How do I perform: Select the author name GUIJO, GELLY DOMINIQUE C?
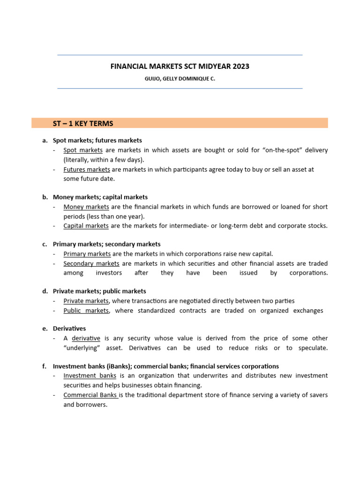click(180, 79)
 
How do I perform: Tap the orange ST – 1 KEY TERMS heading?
click(83, 123)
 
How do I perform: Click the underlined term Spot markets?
click(83, 150)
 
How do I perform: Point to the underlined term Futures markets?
click(87, 169)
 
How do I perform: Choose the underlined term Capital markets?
click(86, 225)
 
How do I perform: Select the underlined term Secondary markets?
click(91, 263)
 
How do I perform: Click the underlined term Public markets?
click(86, 310)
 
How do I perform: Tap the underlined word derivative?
click(86, 338)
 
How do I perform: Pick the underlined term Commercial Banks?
click(90, 395)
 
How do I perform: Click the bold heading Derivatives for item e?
click(69, 329)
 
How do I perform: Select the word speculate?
click(312, 348)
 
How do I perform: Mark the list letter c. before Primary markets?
click(45, 244)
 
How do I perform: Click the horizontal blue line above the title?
click(180, 55)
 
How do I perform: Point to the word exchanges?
click(307, 310)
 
